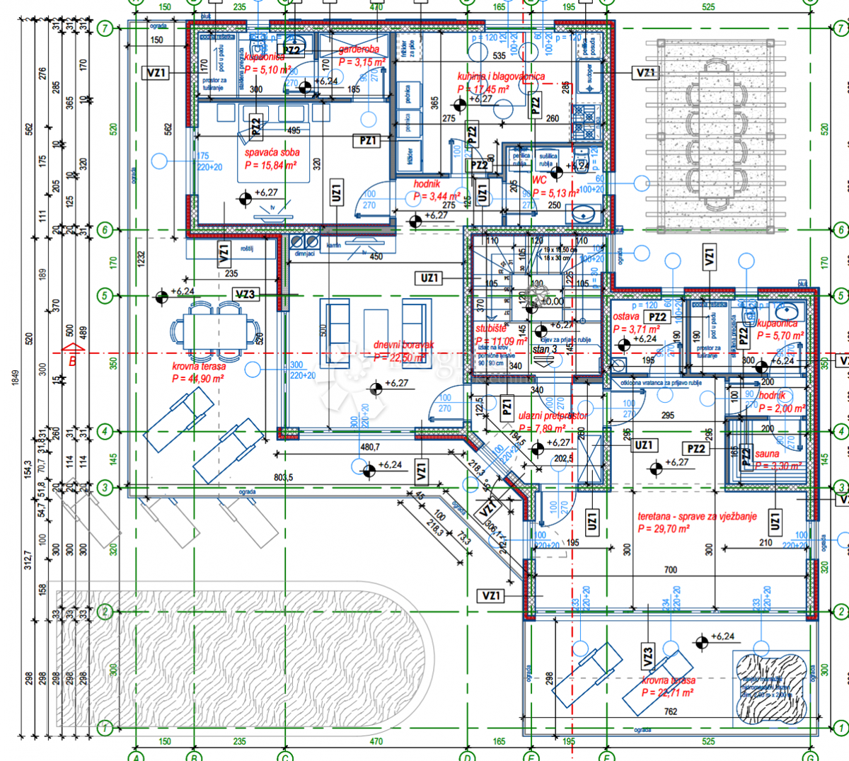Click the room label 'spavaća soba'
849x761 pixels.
click(x=272, y=152)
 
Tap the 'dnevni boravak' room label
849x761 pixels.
click(x=404, y=345)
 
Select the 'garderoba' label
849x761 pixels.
click(x=359, y=50)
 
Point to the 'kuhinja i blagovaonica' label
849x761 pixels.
click(x=501, y=76)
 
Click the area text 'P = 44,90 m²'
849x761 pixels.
click(x=198, y=379)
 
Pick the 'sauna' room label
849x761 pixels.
click(x=767, y=454)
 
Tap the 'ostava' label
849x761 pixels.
click(x=626, y=317)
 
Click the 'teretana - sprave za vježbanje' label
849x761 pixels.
click(x=697, y=517)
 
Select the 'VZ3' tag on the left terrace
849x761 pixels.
click(x=245, y=294)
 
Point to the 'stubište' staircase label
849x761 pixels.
click(x=491, y=329)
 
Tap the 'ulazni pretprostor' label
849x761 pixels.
click(x=553, y=416)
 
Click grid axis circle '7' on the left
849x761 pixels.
click(x=105, y=29)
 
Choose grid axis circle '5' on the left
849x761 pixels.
click(x=105, y=295)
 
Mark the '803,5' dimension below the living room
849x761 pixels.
click(x=282, y=478)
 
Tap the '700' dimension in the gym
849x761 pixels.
click(x=670, y=570)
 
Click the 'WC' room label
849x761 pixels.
click(x=539, y=180)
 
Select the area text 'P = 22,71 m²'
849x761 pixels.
click(x=667, y=692)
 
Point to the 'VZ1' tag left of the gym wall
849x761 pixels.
click(x=491, y=596)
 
